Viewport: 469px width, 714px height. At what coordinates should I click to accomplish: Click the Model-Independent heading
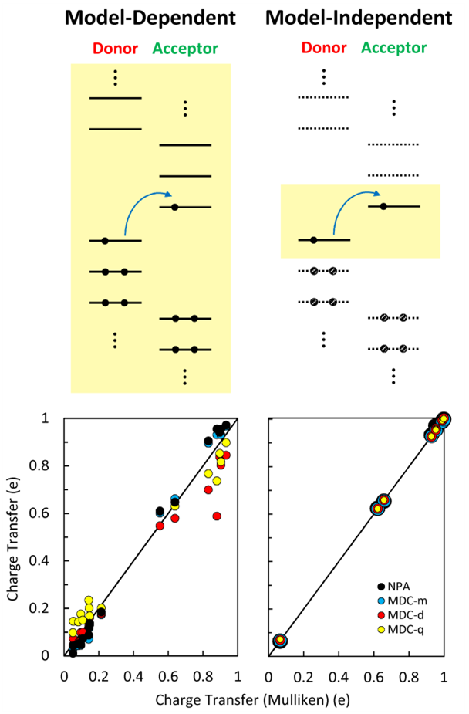click(x=359, y=17)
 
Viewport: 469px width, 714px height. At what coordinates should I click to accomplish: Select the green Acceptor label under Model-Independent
click(x=393, y=49)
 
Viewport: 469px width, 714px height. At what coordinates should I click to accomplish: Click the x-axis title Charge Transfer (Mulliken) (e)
click(x=254, y=700)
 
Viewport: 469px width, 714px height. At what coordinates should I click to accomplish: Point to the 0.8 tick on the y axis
click(x=46, y=465)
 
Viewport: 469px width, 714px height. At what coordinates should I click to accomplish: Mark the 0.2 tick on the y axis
click(x=46, y=608)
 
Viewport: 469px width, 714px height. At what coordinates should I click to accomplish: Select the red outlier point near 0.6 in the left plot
click(x=218, y=516)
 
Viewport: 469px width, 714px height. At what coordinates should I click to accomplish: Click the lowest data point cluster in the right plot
click(x=280, y=641)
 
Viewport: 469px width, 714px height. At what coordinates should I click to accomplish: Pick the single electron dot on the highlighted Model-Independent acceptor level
click(x=383, y=206)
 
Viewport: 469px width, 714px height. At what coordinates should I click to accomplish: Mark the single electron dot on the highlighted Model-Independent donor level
click(x=313, y=240)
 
